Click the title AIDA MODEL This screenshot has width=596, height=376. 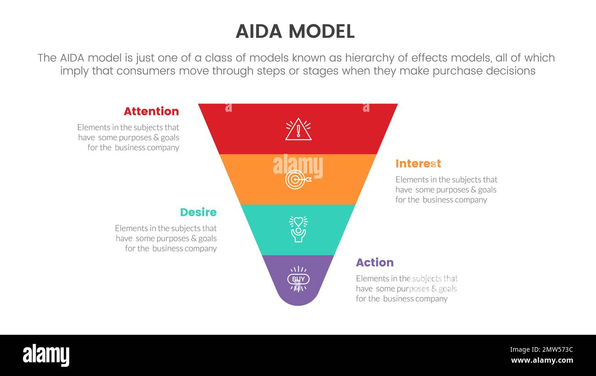coord(295,32)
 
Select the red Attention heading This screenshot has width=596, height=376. coord(151,111)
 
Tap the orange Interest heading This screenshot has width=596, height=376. coord(418,163)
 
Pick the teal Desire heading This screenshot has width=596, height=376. coord(198,212)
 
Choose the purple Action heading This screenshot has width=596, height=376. coord(375,262)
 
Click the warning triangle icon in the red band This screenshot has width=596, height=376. coord(298,129)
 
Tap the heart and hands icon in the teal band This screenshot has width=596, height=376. coord(298,229)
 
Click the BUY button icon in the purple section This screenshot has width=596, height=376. coord(298,279)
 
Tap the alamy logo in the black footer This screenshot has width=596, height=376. coord(46,355)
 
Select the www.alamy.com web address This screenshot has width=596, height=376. coord(542,360)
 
